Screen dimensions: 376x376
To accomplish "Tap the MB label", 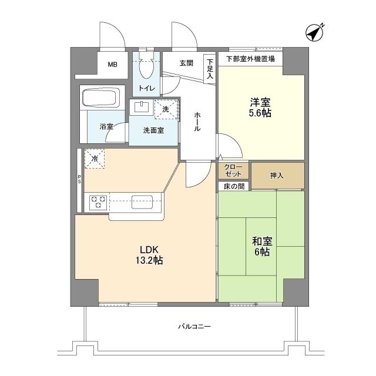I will click(112, 65).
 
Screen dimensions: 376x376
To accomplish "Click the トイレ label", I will click(146, 89).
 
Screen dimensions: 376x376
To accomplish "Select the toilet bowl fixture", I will click(147, 66).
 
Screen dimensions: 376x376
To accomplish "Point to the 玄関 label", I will click(186, 63).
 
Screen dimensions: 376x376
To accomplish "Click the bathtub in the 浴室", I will click(101, 98).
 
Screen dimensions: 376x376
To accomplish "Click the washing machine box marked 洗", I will click(166, 109).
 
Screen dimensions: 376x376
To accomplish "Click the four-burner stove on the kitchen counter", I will click(98, 202).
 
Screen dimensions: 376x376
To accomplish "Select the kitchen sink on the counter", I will click(142, 202).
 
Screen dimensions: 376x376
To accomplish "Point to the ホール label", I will click(198, 121).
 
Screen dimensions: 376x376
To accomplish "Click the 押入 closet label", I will click(277, 175).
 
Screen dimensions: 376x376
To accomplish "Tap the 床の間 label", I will click(233, 186).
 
